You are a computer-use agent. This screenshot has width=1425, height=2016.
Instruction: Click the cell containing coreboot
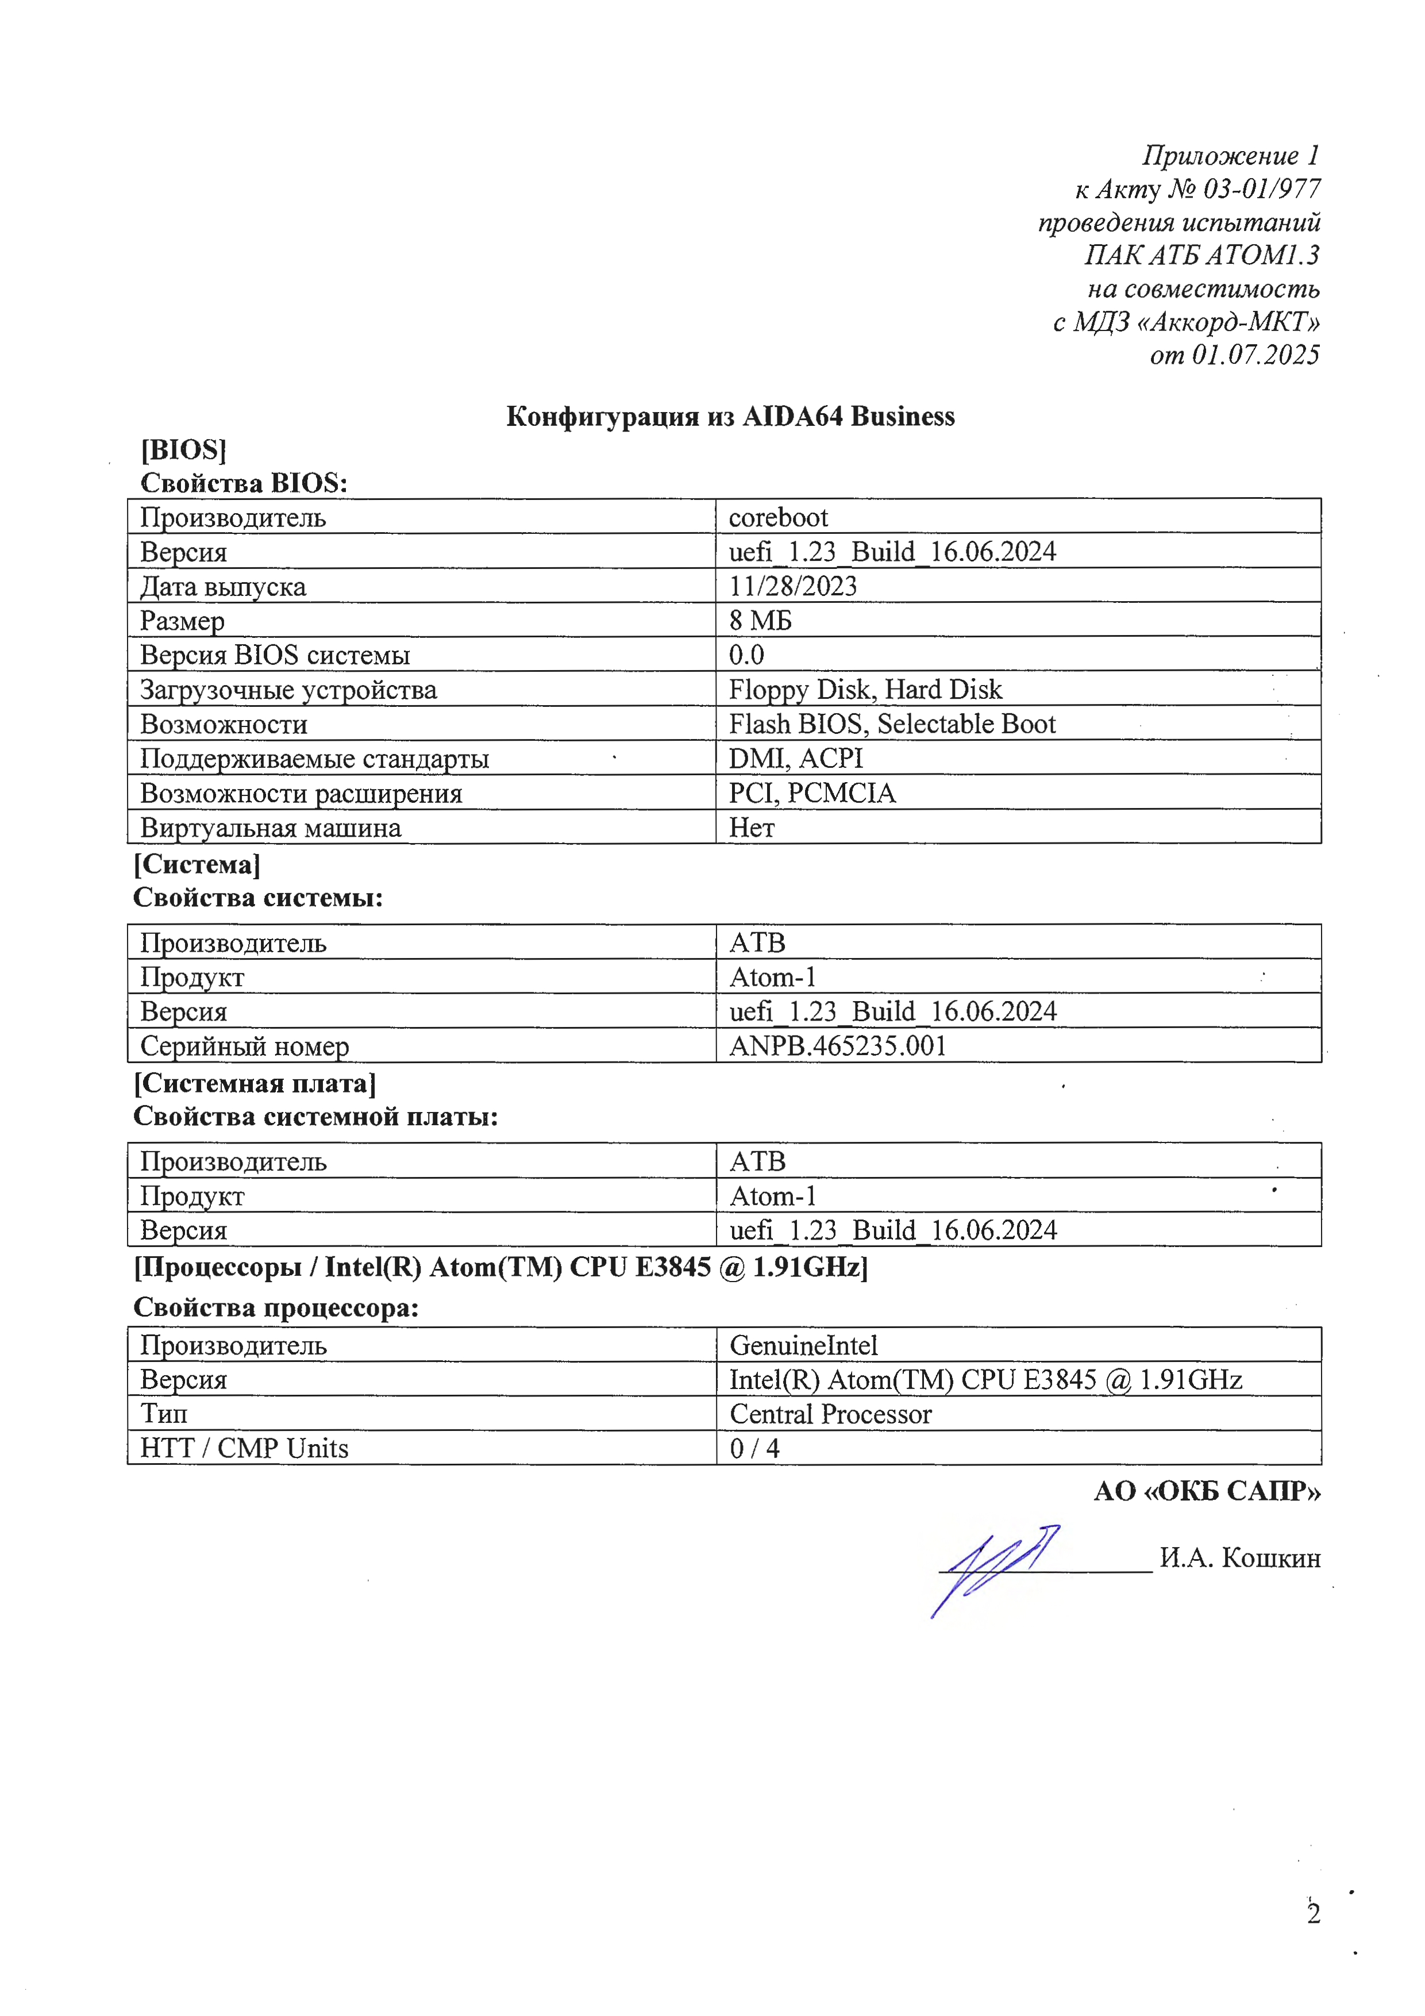click(778, 517)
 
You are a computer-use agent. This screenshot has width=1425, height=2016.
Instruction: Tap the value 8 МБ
click(760, 621)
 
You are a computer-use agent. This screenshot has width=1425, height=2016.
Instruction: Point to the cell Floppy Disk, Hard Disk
click(865, 689)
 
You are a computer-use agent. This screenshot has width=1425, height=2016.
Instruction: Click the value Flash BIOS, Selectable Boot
click(891, 724)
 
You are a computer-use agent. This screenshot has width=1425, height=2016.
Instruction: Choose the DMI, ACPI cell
click(795, 758)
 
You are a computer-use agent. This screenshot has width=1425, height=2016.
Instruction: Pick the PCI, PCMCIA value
click(811, 793)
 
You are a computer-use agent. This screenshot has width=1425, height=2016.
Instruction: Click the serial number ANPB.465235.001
click(838, 1046)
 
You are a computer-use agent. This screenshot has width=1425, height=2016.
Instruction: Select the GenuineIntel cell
click(803, 1345)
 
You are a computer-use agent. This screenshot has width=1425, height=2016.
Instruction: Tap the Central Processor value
click(830, 1414)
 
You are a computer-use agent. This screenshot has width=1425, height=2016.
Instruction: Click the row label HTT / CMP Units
click(244, 1448)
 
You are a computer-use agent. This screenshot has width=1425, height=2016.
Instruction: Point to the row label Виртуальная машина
click(271, 827)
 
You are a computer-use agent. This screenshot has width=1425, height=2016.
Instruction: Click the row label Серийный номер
click(244, 1046)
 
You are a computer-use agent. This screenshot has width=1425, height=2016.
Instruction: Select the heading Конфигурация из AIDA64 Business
click(730, 416)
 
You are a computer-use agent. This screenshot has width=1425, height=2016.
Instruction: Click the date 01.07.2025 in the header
click(1255, 355)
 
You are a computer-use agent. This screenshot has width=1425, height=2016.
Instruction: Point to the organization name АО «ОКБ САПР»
click(1207, 1491)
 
